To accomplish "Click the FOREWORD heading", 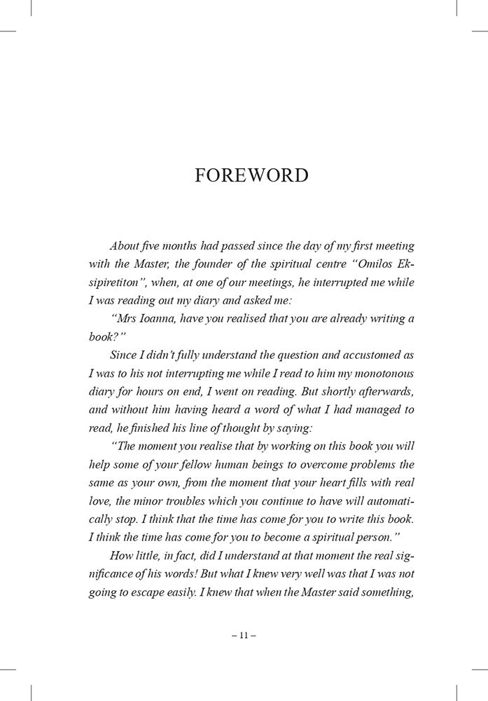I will (251, 175).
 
